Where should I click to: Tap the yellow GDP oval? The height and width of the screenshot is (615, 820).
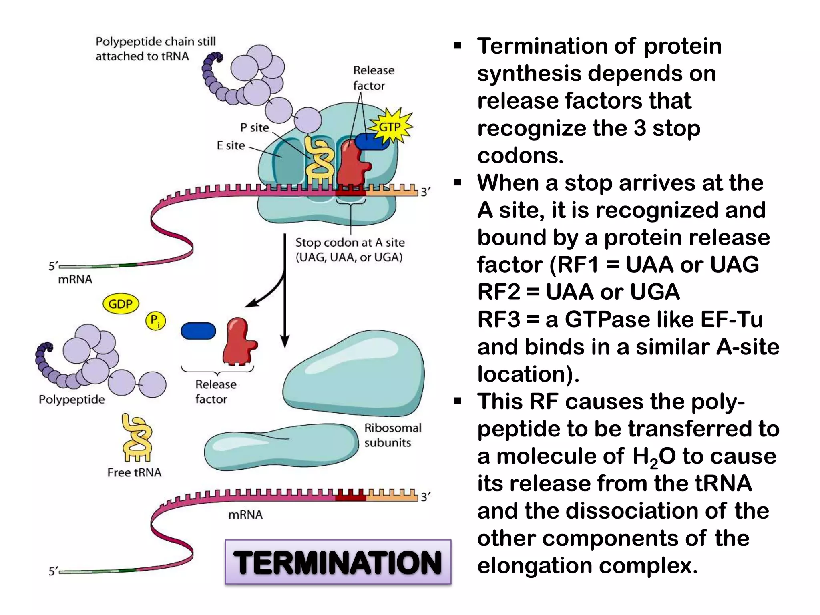(121, 304)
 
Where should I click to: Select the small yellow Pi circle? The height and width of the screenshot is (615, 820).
(155, 321)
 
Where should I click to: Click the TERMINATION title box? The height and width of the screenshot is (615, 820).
(338, 562)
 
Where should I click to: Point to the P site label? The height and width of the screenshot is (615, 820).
(254, 128)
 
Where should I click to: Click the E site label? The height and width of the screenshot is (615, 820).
(231, 145)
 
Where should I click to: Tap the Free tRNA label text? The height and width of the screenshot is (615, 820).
(134, 472)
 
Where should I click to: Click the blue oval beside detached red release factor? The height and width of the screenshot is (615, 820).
(198, 331)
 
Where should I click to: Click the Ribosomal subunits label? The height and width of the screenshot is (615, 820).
(392, 435)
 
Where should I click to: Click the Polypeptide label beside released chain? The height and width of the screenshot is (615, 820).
(72, 400)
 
